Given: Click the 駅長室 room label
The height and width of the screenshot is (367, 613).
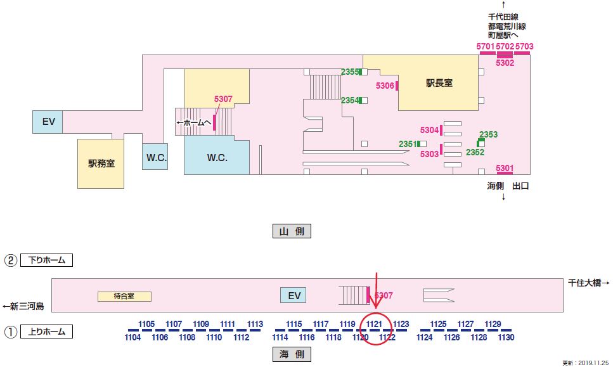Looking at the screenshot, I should [x=439, y=82].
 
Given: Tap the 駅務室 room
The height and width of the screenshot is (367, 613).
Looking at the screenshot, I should [x=101, y=163].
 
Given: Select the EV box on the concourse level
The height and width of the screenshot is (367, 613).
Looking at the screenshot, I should [x=48, y=122].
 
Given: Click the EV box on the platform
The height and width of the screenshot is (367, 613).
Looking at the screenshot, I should [x=294, y=295].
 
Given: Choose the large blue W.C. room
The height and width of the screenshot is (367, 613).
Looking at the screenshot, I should [x=216, y=157].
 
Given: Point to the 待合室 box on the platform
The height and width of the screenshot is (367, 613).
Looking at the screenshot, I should [x=124, y=296].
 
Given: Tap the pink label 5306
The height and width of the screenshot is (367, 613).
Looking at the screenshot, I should [x=385, y=86].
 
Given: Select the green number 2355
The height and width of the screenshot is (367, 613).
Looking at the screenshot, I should [x=350, y=72].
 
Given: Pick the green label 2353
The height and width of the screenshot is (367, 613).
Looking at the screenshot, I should [x=488, y=134].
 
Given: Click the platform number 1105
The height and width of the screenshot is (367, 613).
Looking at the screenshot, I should [x=146, y=324].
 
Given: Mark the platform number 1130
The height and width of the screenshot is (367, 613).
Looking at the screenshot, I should [x=506, y=338].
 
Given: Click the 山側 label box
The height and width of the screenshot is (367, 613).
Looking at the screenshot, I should [x=292, y=231].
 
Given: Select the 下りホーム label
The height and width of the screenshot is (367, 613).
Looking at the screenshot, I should [x=47, y=260].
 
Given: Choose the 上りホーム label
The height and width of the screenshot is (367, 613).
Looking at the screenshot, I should [x=47, y=331].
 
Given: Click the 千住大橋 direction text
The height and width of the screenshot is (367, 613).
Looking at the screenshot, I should [x=588, y=283].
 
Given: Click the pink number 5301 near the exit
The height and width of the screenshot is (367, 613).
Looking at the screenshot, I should [x=505, y=168].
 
